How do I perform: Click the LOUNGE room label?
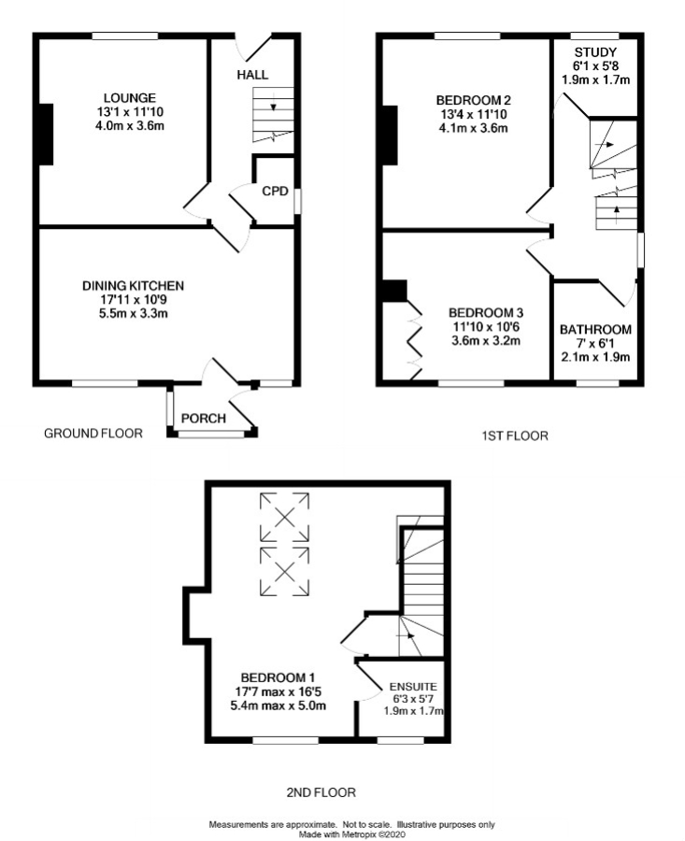point(129,97)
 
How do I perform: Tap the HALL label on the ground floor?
point(252,74)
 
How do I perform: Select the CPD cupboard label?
point(275,192)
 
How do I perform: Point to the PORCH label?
point(203,418)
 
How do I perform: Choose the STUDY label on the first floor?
point(595,51)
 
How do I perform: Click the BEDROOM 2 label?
point(472,99)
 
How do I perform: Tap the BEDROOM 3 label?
point(484,312)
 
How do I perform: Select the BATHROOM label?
point(595,329)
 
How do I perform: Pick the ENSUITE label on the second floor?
point(413,686)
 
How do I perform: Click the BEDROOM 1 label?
point(278,677)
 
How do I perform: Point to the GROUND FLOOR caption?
point(93,433)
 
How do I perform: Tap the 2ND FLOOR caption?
point(321,792)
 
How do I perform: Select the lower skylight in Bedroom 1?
point(284,570)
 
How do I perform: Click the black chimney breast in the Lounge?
point(44,135)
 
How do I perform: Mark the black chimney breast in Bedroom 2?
point(390,135)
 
